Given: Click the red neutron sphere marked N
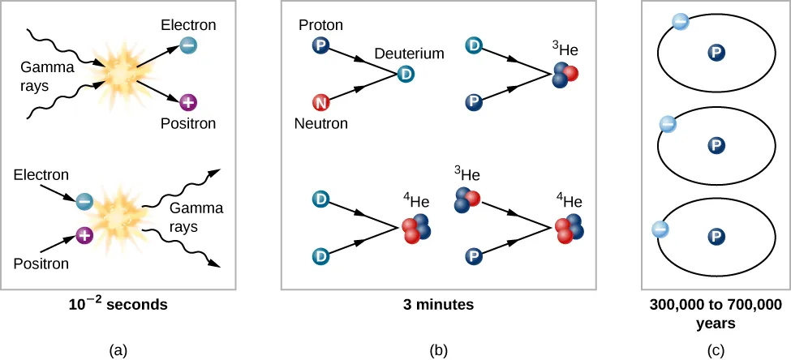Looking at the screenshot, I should click(320, 103).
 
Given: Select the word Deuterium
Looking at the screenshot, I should click(410, 54).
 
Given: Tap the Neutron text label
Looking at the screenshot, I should click(321, 124).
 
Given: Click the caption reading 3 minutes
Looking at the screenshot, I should click(438, 305).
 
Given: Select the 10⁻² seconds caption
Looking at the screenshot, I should click(118, 305).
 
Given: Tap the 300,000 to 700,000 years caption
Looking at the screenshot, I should click(716, 313).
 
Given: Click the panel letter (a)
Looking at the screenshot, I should click(118, 349).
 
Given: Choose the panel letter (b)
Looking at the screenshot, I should click(438, 349).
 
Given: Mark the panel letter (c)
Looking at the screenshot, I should click(716, 349).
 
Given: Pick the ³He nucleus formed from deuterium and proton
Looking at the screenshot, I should click(565, 75).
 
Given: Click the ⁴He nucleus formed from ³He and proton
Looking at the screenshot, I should click(569, 229).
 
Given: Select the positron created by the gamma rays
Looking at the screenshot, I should click(187, 103).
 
